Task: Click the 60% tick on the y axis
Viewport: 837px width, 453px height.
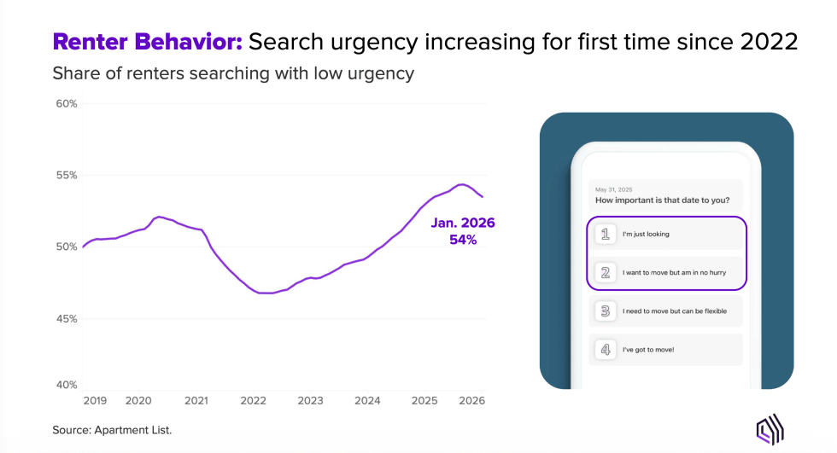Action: (66, 104)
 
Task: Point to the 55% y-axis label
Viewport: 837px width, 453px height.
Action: (66, 175)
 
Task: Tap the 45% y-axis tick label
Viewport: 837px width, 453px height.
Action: (66, 319)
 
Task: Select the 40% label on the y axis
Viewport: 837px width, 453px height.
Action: (66, 385)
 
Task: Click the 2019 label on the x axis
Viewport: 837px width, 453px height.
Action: (95, 400)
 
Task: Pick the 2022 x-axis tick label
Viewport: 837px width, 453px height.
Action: (253, 400)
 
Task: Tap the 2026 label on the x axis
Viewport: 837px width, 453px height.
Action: (471, 400)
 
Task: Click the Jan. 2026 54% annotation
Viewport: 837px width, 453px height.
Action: (463, 231)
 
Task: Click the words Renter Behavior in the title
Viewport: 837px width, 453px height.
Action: (147, 42)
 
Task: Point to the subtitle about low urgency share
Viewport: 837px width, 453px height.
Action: (233, 73)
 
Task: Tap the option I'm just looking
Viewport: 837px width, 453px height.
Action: (646, 233)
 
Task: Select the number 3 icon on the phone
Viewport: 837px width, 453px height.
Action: (606, 311)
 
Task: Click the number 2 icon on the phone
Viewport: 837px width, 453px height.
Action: (606, 273)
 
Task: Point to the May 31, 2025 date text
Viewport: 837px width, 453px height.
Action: (613, 189)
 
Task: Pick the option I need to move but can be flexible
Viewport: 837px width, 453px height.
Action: (675, 311)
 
